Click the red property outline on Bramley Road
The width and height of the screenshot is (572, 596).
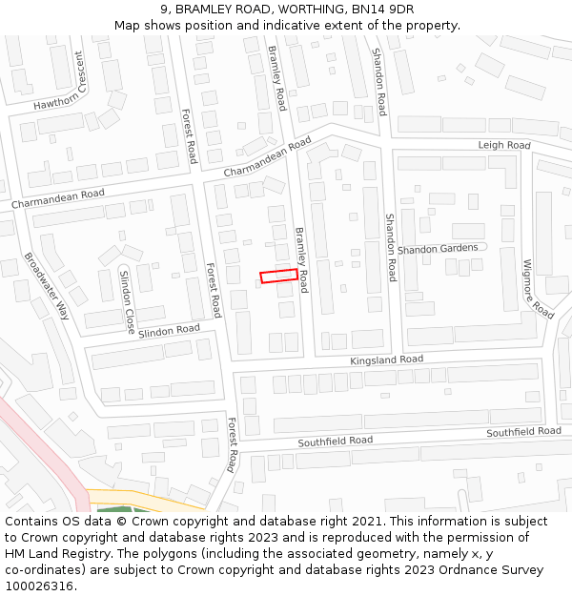click(278, 275)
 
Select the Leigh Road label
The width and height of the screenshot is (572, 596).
click(503, 145)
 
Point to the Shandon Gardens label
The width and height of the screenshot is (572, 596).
click(438, 249)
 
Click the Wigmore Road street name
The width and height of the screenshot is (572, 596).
click(538, 288)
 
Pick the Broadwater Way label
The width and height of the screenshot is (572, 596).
click(48, 285)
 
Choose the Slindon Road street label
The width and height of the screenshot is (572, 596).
click(169, 331)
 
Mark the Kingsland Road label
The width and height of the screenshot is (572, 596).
click(386, 360)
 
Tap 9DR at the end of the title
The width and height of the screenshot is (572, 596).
click(398, 10)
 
